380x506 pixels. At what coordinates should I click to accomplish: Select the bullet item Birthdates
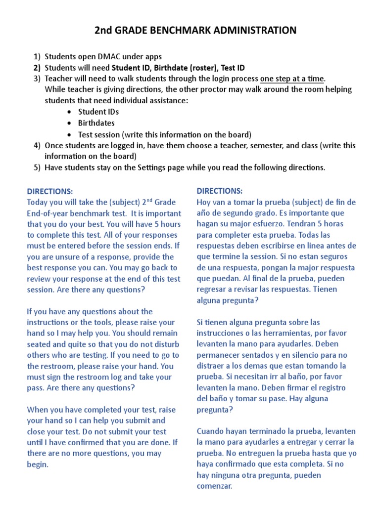click(96, 123)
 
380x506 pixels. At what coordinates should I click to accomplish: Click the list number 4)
click(37, 145)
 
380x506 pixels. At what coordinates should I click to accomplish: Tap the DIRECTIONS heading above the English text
click(49, 191)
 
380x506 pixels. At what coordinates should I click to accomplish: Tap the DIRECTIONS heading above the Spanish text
click(220, 191)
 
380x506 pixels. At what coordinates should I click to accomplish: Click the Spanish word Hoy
click(204, 202)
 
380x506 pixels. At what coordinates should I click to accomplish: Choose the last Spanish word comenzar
click(214, 486)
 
